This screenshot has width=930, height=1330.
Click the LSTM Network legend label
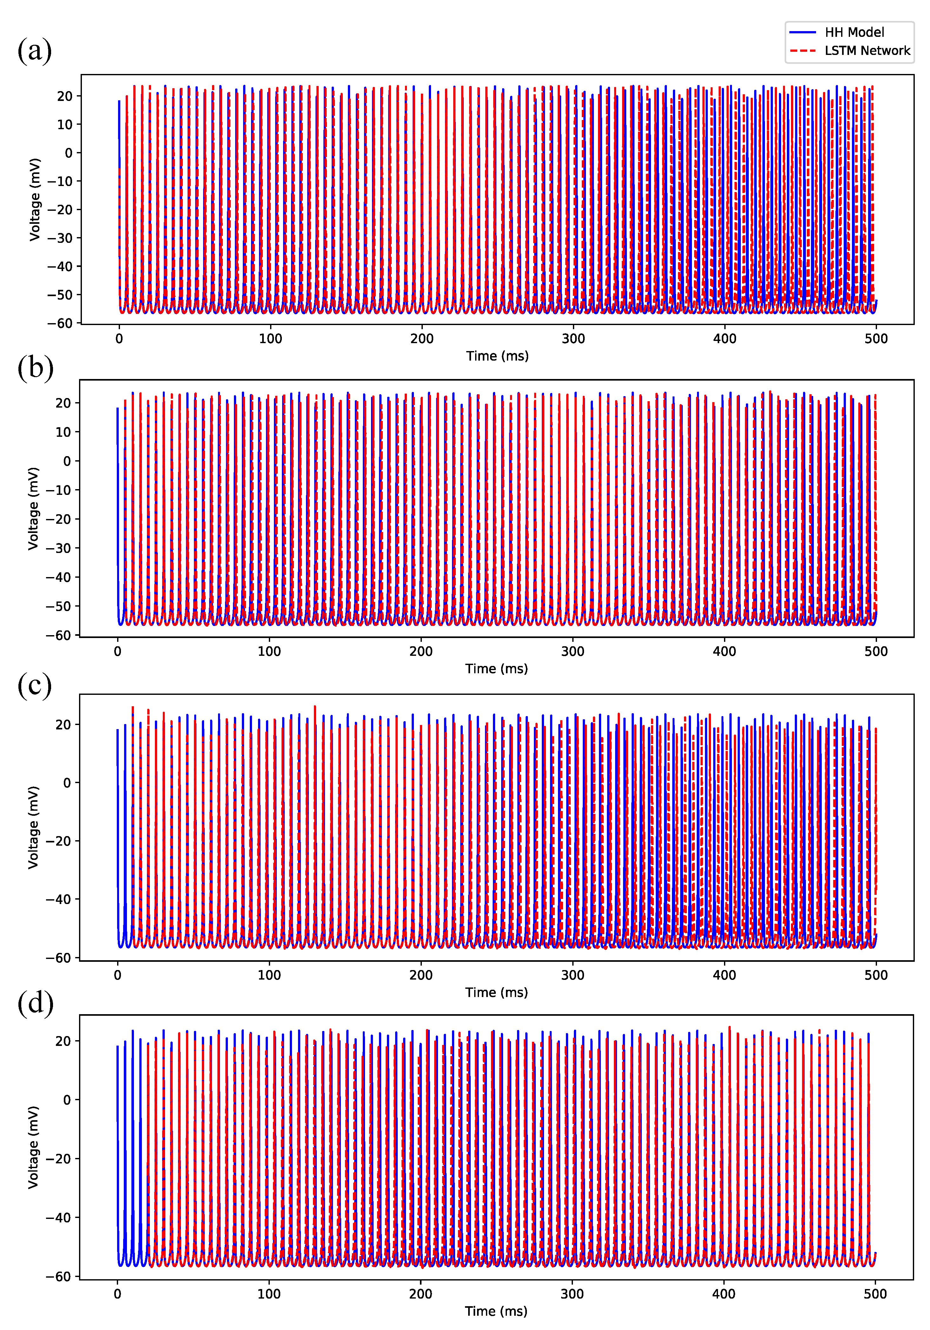pos(867,51)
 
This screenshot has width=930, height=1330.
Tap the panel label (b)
pos(35,367)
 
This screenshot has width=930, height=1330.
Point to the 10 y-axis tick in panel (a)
pos(64,124)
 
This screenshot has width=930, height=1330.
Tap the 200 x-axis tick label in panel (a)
pos(422,339)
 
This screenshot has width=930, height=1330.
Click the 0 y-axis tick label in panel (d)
pos(67,1100)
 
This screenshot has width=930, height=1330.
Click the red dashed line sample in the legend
pos(803,51)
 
